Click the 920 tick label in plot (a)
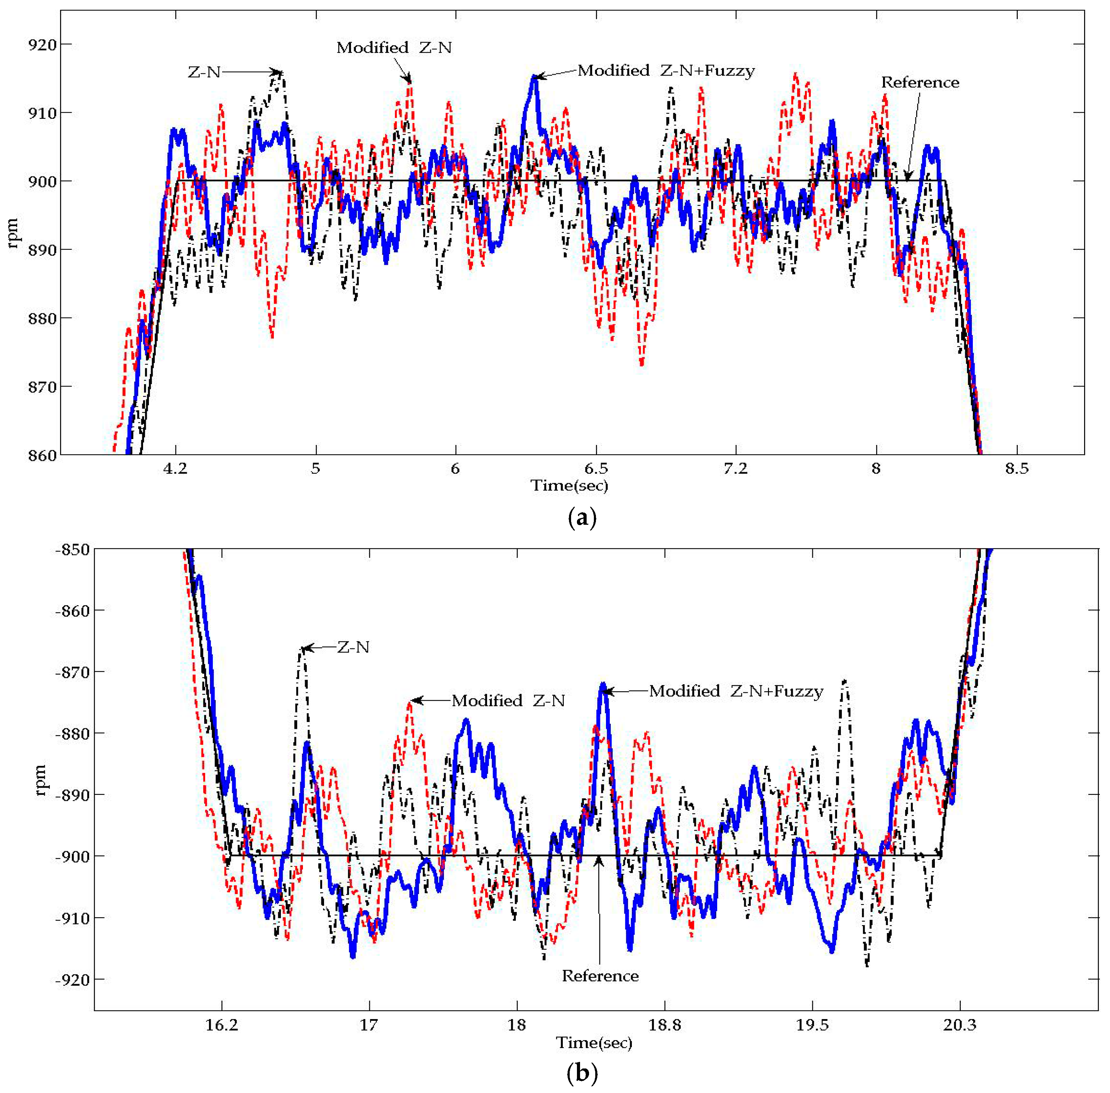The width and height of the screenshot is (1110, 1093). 42,45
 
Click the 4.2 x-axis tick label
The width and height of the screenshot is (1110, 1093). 175,469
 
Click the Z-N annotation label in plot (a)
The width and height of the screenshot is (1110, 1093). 204,72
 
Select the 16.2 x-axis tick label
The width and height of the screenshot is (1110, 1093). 222,1025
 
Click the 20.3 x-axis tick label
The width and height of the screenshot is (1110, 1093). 960,1025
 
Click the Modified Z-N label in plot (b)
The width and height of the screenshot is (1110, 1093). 508,701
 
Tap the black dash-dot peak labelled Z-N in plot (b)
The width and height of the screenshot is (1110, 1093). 303,649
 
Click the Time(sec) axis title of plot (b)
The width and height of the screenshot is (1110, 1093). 594,1043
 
